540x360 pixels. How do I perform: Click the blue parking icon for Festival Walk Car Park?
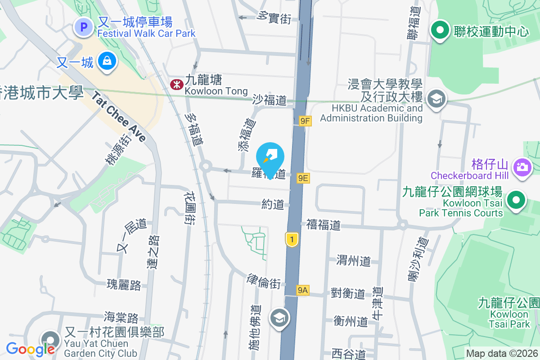pos(83,27)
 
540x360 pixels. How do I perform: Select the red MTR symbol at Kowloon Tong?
pos(175,84)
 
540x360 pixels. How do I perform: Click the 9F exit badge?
pos(305,121)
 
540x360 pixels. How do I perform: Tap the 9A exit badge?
pos(302,290)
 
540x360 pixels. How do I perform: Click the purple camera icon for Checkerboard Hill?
pos(522,167)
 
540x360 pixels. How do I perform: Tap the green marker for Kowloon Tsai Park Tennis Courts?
pos(517,200)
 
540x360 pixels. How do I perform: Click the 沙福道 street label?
pos(270,100)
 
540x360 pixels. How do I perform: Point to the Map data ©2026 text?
pos(502,354)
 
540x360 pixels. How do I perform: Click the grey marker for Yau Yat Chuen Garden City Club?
pos(50,340)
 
